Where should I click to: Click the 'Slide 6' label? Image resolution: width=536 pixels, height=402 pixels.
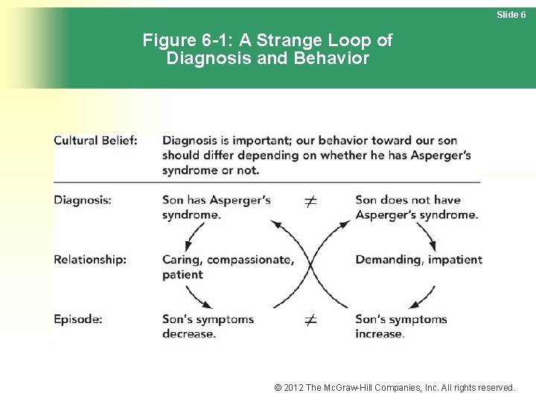tap(511, 15)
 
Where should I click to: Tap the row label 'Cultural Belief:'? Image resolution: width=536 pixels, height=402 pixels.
tap(95, 141)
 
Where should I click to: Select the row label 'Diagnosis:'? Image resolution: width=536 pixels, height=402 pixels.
tap(83, 200)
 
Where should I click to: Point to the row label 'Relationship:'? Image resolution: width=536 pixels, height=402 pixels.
tap(90, 260)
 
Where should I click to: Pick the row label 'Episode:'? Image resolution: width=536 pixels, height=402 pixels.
tap(78, 319)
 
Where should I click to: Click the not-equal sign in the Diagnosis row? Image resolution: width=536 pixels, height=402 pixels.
tap(311, 201)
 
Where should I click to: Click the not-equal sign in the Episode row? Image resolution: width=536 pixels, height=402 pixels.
tap(311, 320)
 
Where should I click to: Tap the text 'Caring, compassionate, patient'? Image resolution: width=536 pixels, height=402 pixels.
tap(227, 267)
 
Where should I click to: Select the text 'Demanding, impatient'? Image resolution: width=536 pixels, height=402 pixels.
tap(418, 260)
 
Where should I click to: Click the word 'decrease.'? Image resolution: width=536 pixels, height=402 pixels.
tap(189, 334)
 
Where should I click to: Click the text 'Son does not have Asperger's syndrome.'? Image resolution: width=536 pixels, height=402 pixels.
tap(416, 207)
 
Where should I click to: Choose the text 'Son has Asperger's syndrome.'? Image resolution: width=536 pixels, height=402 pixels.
tap(216, 207)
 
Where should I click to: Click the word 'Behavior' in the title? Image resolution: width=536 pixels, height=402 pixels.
tap(334, 58)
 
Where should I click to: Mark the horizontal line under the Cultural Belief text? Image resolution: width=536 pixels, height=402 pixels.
tap(267, 181)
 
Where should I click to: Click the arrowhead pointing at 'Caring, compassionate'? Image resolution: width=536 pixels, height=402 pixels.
tap(187, 249)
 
